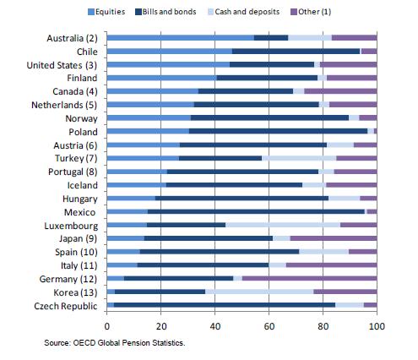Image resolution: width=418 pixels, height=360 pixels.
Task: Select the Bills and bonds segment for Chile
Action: pos(296,52)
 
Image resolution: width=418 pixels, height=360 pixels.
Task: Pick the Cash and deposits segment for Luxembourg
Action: pos(283,226)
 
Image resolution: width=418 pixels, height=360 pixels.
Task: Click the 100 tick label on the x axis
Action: pos(377,325)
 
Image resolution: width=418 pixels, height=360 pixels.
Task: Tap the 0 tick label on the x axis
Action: pos(107,325)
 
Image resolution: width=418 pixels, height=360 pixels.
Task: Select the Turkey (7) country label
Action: pos(76,157)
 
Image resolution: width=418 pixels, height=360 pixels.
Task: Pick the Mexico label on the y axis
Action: pos(83,212)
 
